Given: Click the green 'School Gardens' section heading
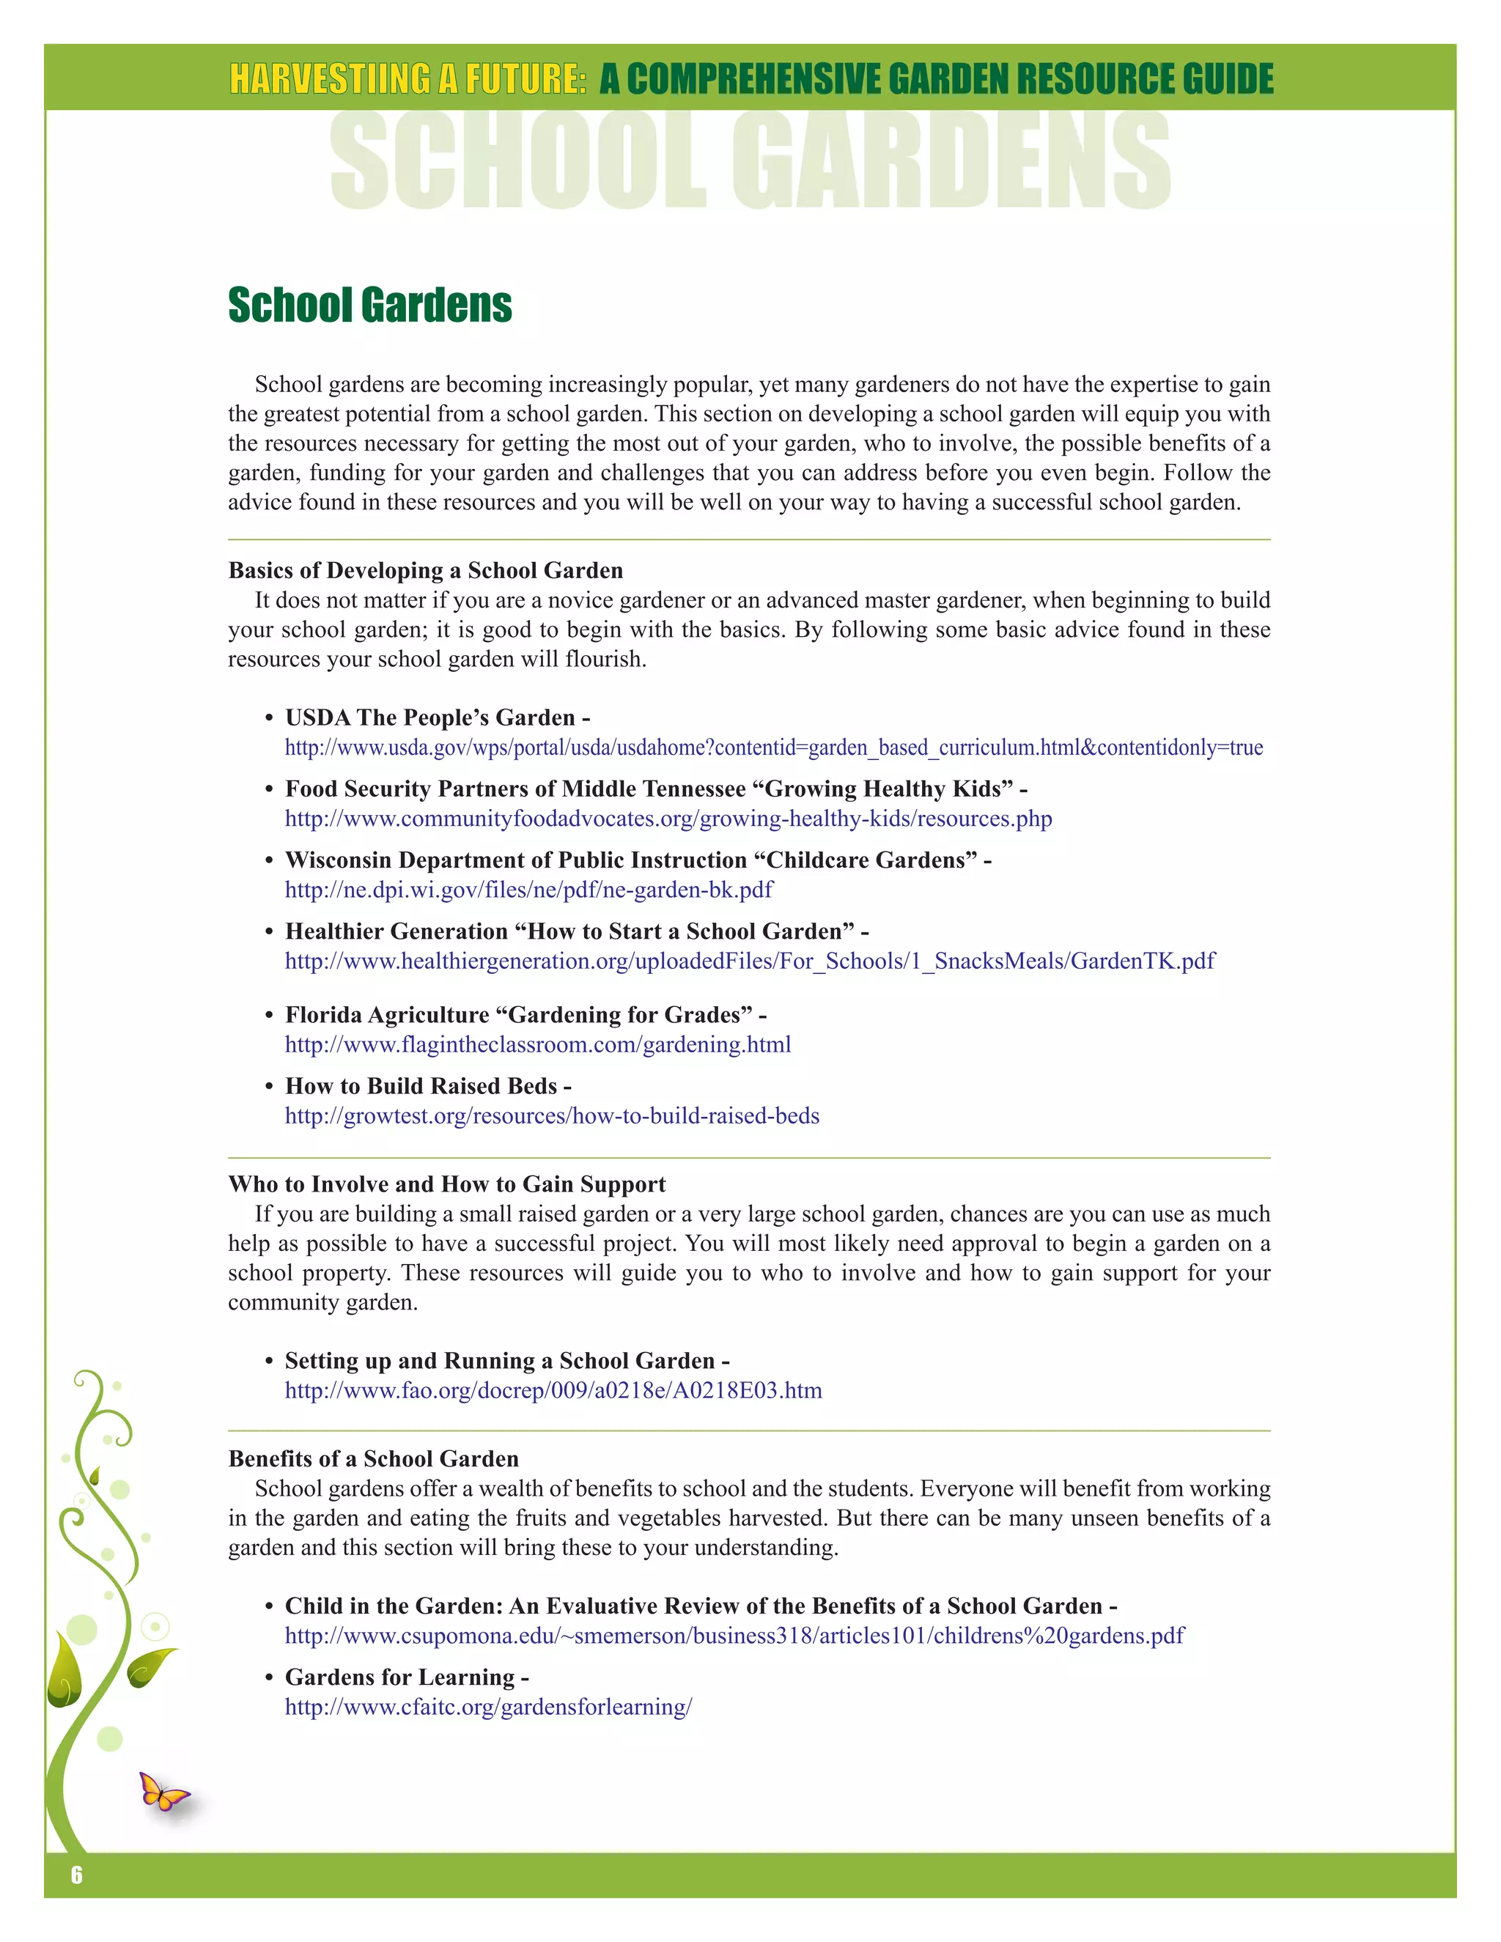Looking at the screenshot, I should tap(369, 305).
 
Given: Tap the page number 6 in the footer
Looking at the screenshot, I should tap(76, 1875).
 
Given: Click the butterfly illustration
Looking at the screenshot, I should tap(163, 1791).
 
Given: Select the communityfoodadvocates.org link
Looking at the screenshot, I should tap(668, 819).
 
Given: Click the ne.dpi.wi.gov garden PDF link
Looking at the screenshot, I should tap(528, 890).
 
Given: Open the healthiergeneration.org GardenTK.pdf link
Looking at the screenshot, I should tap(749, 961).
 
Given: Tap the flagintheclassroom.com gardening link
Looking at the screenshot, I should tap(537, 1045).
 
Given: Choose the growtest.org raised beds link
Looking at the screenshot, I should tap(551, 1116).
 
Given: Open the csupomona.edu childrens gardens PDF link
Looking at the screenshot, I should tap(734, 1636).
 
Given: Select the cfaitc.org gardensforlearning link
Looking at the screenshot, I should tap(487, 1707).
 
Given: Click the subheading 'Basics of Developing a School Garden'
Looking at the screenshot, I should tap(425, 571).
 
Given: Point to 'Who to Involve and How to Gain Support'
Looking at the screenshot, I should tap(446, 1184).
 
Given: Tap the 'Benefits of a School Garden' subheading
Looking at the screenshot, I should tap(374, 1459).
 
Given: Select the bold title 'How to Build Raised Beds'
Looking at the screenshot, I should tap(421, 1087).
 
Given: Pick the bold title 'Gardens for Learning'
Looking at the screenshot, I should tap(399, 1678).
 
